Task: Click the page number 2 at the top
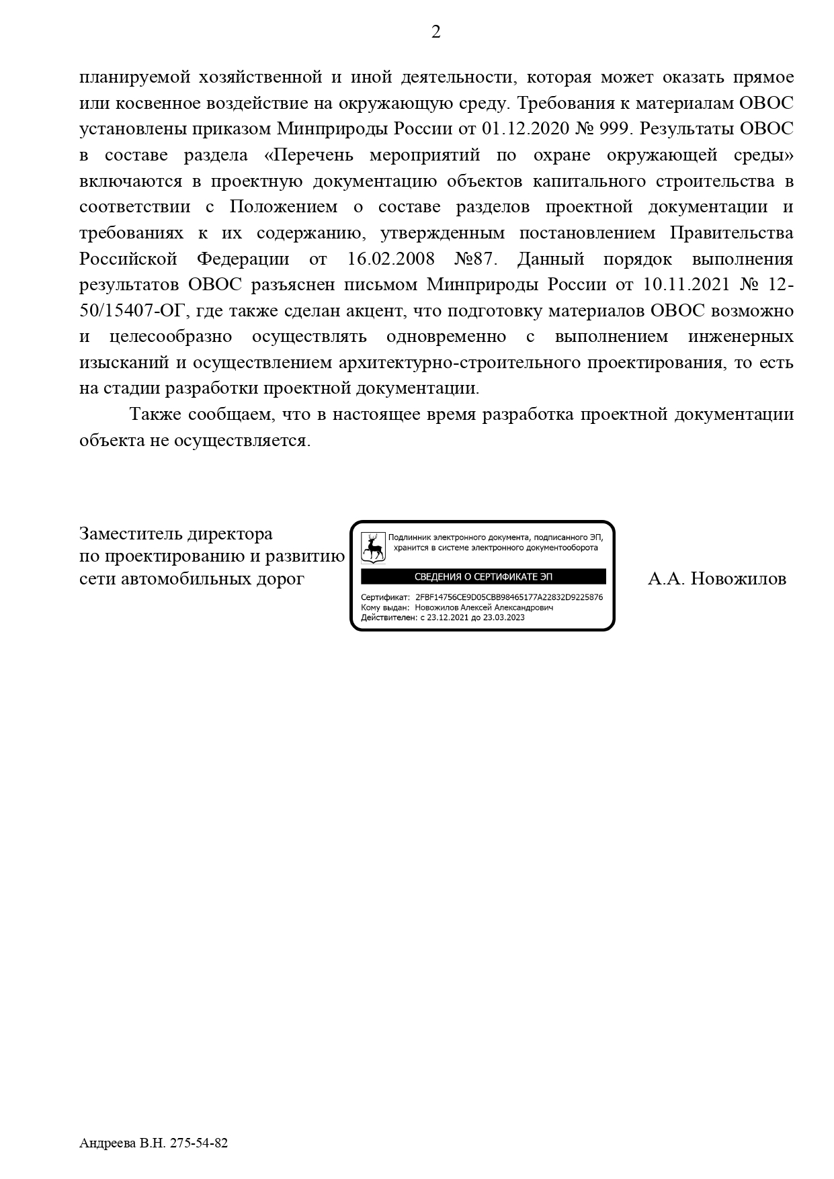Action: pos(435,32)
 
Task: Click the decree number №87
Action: pos(472,259)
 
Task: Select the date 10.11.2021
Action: pos(686,286)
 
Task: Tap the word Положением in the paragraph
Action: pos(283,207)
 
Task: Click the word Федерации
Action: pos(243,259)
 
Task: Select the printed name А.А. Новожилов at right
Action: pos(716,579)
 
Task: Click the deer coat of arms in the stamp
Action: pos(374,548)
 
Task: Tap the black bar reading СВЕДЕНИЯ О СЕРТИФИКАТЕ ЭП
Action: pos(483,577)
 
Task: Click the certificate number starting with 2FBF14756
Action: pos(509,597)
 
